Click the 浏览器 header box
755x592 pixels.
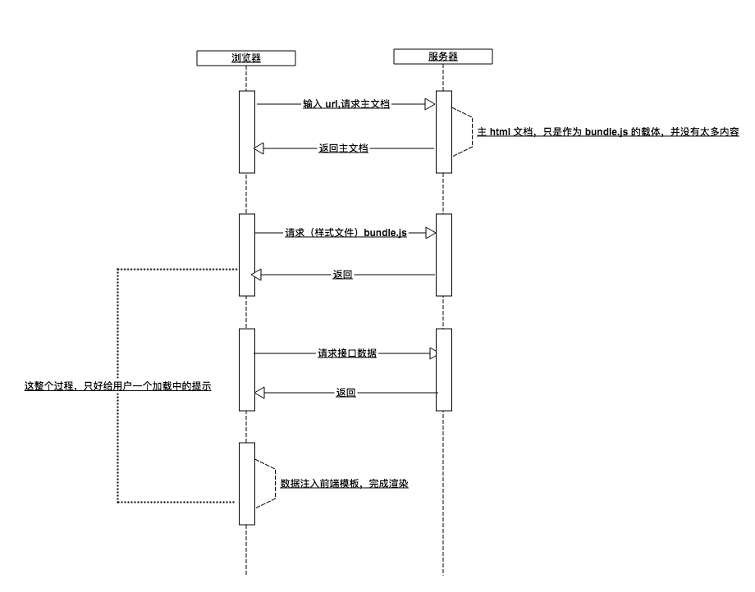click(x=246, y=57)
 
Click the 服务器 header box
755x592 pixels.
click(x=443, y=57)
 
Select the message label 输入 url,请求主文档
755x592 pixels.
click(x=345, y=104)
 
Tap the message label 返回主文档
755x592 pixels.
click(x=343, y=148)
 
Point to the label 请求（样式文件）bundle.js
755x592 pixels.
click(x=345, y=233)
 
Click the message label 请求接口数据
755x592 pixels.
click(x=347, y=353)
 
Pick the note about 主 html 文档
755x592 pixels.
click(x=608, y=131)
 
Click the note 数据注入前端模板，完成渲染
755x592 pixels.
click(x=345, y=484)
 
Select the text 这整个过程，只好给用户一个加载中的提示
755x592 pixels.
click(x=118, y=385)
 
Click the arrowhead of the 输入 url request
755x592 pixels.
click(x=429, y=104)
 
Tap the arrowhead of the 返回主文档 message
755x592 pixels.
click(x=259, y=148)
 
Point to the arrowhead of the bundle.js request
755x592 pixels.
click(x=430, y=233)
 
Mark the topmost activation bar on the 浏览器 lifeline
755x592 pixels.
click(x=246, y=131)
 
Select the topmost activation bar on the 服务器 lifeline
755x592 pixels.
click(x=443, y=131)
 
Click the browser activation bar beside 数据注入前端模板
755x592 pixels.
click(x=246, y=483)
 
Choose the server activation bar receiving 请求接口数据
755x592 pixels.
click(x=443, y=369)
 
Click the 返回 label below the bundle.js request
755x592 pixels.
click(x=343, y=275)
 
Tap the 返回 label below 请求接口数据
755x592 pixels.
click(x=345, y=393)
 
